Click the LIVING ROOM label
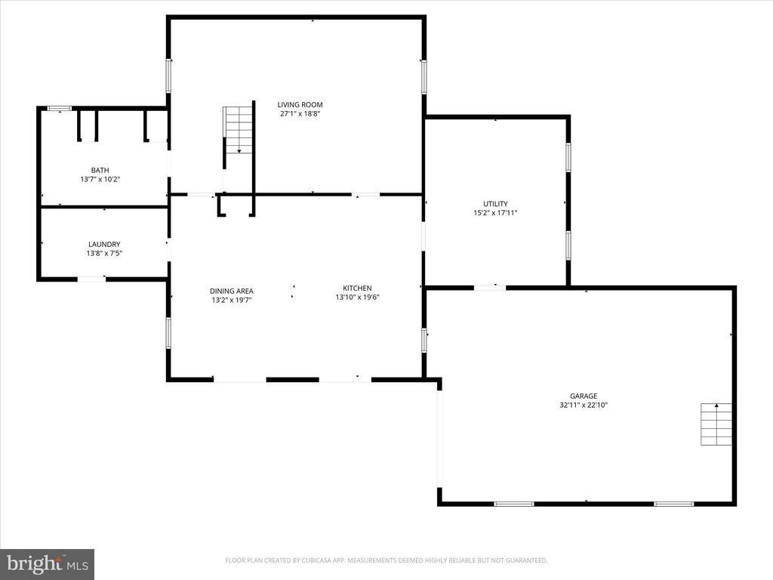(300, 105)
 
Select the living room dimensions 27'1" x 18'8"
(300, 114)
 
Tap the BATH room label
(100, 170)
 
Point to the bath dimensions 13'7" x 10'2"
(100, 180)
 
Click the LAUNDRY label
(104, 244)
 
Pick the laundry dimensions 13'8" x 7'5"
(104, 253)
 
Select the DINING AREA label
(231, 291)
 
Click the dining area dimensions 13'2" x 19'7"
(231, 300)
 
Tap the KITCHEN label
(357, 288)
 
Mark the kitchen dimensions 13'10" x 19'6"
(357, 298)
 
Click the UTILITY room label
(495, 204)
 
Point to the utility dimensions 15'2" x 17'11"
(495, 213)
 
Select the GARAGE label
(584, 396)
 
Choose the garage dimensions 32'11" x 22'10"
(584, 405)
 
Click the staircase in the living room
(238, 130)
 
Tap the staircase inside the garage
(716, 424)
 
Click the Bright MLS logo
(47, 563)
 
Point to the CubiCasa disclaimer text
(386, 560)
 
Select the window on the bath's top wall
(59, 109)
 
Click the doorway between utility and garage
(489, 287)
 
